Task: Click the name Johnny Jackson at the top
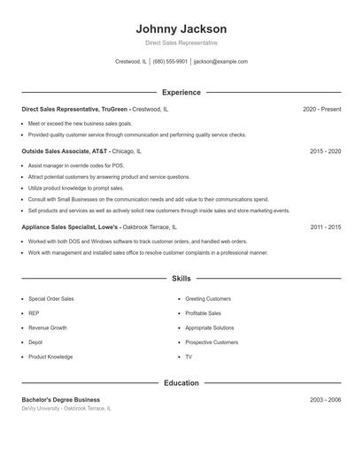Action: [x=181, y=28]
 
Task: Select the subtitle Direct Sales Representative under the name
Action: [x=181, y=42]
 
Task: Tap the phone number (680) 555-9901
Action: [x=170, y=62]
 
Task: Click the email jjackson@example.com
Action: [x=220, y=62]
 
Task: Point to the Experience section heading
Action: [x=181, y=92]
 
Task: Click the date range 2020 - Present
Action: [x=321, y=109]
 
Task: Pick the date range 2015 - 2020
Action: [x=325, y=151]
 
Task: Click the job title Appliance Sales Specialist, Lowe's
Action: [x=70, y=227]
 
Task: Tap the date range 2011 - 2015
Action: [x=325, y=227]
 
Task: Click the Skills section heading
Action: [x=181, y=278]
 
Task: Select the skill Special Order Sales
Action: [x=51, y=299]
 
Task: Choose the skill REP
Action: [x=34, y=313]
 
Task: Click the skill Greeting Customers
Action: [x=208, y=299]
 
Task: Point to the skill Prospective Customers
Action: [x=212, y=342]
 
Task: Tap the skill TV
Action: [x=189, y=357]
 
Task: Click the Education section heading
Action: [x=181, y=383]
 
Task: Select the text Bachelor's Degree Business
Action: [x=61, y=400]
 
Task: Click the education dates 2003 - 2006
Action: [x=325, y=400]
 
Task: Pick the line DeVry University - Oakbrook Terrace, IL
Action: [x=67, y=409]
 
